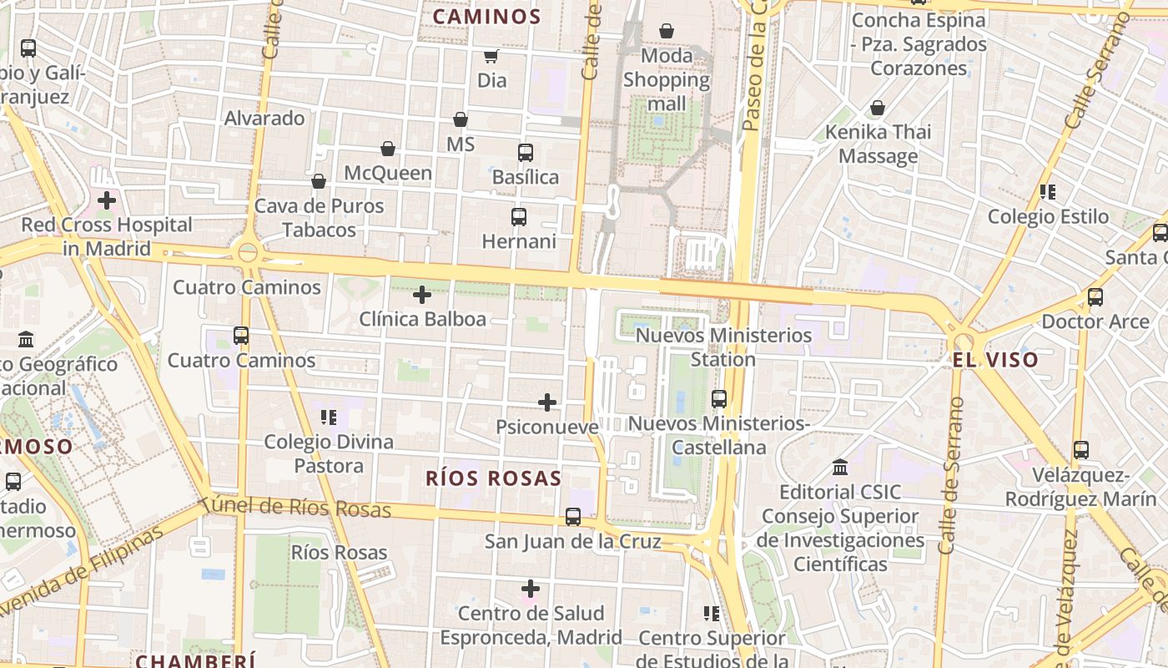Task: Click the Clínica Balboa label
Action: pyautogui.click(x=422, y=319)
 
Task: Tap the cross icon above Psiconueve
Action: pyautogui.click(x=547, y=403)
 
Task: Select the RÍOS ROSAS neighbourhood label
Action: pyautogui.click(x=493, y=478)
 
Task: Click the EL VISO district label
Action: pyautogui.click(x=995, y=361)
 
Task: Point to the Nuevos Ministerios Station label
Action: pyautogui.click(x=723, y=347)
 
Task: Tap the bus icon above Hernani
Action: pyautogui.click(x=519, y=217)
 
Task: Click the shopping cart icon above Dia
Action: pyautogui.click(x=491, y=57)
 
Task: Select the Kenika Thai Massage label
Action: pyautogui.click(x=878, y=144)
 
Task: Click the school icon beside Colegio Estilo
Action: pyautogui.click(x=1048, y=193)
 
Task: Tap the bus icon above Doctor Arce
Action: pyautogui.click(x=1095, y=297)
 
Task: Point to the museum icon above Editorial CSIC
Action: pyautogui.click(x=840, y=468)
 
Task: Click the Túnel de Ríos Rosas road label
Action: pyautogui.click(x=297, y=506)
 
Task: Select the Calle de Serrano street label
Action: pyautogui.click(x=950, y=476)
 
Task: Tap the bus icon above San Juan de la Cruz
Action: pyautogui.click(x=573, y=517)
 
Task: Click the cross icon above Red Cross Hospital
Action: pyautogui.click(x=107, y=200)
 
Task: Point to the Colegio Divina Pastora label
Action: pyautogui.click(x=329, y=453)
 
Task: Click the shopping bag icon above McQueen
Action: pyautogui.click(x=387, y=149)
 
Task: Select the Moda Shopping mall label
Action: pyautogui.click(x=667, y=79)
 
